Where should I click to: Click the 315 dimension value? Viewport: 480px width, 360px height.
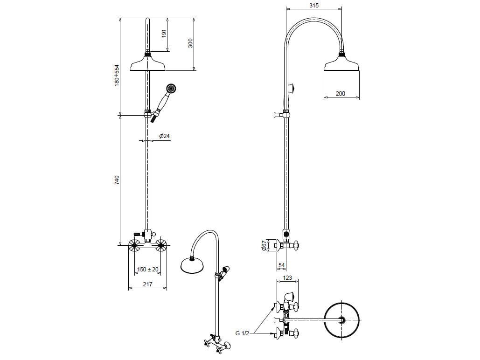[314, 5]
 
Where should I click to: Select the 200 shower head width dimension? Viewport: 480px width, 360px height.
[341, 93]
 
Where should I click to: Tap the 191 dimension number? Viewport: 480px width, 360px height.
[164, 34]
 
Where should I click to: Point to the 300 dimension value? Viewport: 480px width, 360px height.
[190, 42]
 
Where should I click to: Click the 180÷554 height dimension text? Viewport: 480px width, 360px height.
[117, 75]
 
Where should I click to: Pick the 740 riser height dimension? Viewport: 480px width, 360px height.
[117, 180]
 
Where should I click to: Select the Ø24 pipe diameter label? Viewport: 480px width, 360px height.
[164, 136]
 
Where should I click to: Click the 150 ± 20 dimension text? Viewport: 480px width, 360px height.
[148, 270]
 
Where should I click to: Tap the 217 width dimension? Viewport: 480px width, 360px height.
[147, 284]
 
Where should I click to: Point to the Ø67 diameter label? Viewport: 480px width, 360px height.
[264, 246]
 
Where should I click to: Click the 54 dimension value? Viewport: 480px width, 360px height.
[282, 265]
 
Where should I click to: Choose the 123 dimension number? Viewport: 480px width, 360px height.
[287, 278]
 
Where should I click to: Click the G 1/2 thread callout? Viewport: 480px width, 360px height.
[242, 333]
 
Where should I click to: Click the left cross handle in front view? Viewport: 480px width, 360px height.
[134, 245]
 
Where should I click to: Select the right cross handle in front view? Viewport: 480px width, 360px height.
[161, 245]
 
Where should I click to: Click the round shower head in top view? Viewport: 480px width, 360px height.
[341, 320]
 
